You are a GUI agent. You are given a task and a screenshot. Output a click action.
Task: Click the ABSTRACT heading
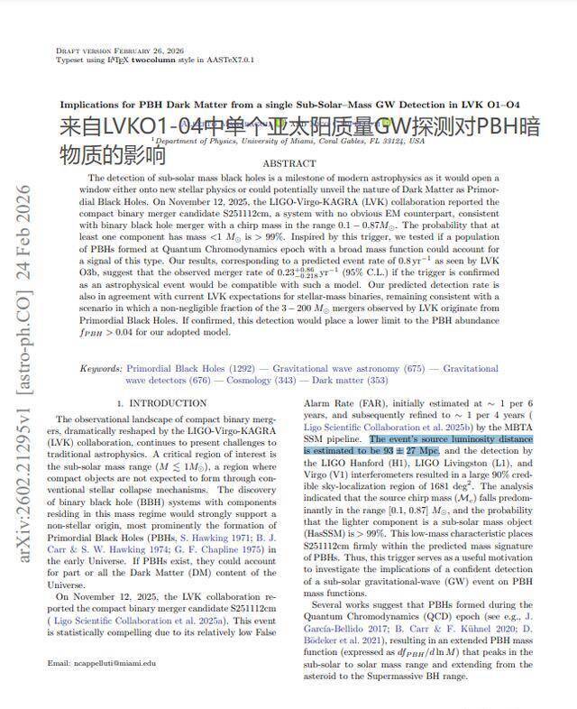coord(288,163)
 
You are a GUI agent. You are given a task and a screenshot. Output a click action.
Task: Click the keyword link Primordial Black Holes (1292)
coord(177,369)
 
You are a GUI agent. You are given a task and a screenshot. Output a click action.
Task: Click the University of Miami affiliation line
coord(288,141)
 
